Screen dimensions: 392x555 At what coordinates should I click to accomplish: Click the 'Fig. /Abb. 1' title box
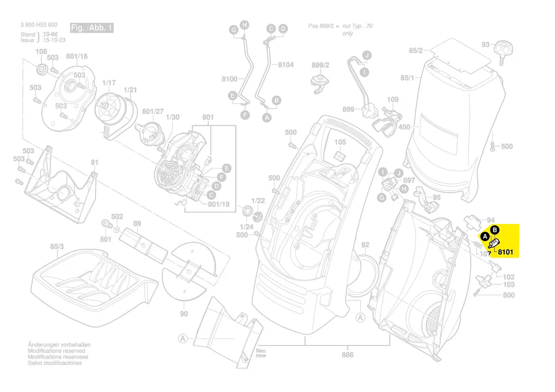[x=92, y=28]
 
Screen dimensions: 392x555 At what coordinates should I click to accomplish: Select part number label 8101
[x=505, y=252]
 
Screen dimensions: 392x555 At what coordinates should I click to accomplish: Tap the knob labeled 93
[x=501, y=49]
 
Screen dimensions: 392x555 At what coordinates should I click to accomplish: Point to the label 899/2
[x=320, y=65]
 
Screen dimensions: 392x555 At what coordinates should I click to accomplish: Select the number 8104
[x=286, y=65]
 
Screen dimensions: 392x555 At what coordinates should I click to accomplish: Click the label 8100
[x=229, y=79]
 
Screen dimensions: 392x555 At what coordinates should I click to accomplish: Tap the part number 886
[x=348, y=355]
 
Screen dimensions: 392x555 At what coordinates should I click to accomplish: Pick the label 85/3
[x=57, y=247]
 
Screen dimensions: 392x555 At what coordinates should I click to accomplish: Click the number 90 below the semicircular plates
[x=184, y=314]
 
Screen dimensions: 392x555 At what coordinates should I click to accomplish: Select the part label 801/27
[x=153, y=112]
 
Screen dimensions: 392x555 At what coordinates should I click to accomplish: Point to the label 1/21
[x=130, y=90]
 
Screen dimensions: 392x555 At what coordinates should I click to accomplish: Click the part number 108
[x=41, y=52]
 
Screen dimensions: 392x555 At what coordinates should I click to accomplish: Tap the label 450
[x=404, y=127]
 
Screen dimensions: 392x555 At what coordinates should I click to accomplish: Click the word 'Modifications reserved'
[x=56, y=351]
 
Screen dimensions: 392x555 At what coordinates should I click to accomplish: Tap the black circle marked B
[x=494, y=230]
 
